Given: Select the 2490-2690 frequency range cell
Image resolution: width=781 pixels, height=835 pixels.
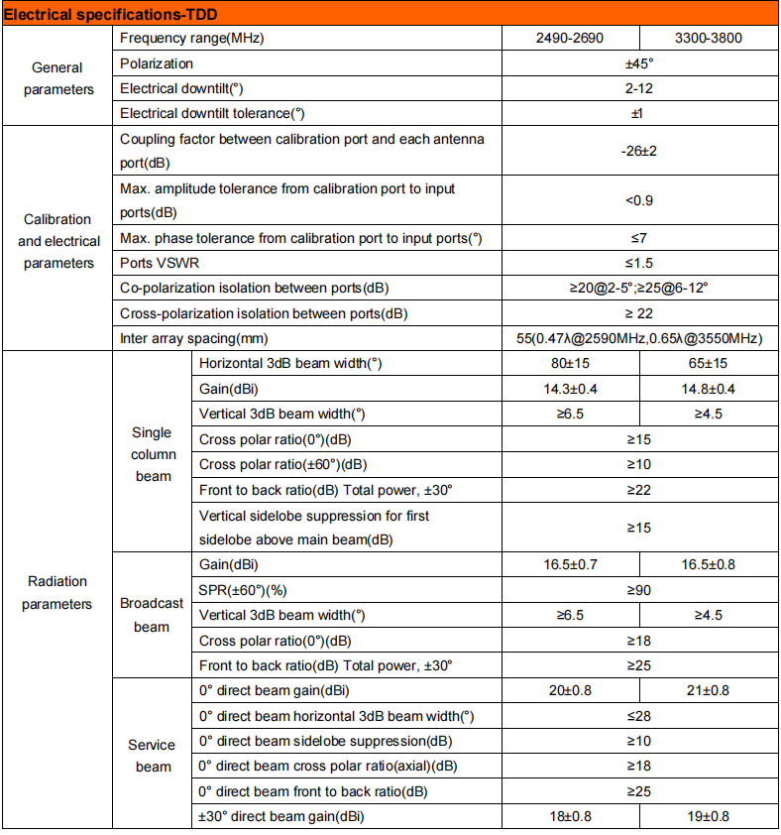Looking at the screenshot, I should coord(569,39).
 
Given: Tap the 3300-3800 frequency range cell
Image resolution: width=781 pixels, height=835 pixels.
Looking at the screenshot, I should coord(708,39).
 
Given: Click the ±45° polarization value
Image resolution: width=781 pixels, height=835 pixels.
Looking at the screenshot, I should coord(638,63).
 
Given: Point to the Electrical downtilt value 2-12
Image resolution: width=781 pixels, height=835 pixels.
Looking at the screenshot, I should coord(638,88).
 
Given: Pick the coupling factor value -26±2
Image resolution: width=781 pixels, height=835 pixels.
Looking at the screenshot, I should coord(638,151).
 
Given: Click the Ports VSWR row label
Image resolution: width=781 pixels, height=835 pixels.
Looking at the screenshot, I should coord(166,263).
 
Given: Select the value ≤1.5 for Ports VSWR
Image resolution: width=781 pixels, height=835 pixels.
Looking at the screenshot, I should coord(638,263).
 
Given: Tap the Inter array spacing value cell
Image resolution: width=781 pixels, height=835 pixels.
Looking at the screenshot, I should coord(638,338).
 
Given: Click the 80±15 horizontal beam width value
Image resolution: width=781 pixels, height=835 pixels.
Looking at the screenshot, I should coord(569,364).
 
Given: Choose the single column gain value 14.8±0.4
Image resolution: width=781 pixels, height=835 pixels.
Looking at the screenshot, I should coord(708,389).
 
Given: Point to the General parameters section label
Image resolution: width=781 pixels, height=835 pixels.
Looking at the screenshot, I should coord(57,78).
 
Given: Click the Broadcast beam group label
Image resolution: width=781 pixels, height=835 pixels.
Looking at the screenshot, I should coord(152,615).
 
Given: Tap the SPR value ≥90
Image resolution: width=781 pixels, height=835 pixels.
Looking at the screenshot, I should coord(638,590).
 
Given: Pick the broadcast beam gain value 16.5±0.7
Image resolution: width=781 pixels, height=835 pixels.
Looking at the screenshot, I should coord(569,565).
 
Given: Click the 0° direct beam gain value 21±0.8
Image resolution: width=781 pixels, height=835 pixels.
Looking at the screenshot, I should coord(708,691).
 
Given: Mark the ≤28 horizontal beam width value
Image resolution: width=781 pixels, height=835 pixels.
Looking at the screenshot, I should coord(638,716).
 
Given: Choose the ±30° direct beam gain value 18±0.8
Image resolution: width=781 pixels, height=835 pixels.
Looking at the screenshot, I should coord(569,816).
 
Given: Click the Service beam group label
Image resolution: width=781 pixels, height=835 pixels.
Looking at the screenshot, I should coord(152,755).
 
